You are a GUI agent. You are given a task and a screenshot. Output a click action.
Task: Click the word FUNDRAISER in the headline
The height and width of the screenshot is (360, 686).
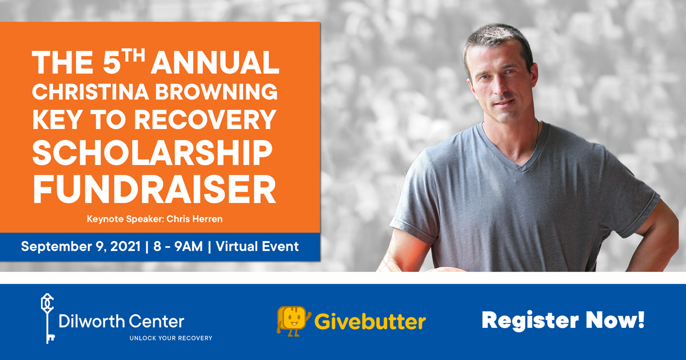pos(155,189)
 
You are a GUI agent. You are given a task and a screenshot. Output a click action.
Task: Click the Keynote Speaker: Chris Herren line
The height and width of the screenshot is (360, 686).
pos(155,219)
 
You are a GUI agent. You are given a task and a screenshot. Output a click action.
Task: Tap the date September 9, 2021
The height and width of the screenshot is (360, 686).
pos(81,246)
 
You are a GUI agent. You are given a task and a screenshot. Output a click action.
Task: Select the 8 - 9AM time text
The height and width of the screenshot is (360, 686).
pos(178,246)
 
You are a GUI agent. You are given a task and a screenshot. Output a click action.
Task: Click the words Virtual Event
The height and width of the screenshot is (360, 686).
pos(257,246)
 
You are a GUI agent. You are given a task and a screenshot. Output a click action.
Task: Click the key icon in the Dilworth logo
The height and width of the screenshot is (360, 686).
pos(47,318)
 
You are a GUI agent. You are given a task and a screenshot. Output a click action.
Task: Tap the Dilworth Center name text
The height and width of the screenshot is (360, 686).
pos(121,321)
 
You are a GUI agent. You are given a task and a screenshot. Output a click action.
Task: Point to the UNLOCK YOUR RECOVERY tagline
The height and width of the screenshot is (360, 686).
pos(171,338)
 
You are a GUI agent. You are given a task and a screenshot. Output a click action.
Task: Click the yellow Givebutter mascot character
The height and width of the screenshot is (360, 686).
pos(293,321)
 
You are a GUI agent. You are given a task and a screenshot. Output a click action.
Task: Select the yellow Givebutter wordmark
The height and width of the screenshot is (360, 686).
pos(370,321)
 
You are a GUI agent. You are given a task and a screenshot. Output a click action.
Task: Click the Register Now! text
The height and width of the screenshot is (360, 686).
pos(563,321)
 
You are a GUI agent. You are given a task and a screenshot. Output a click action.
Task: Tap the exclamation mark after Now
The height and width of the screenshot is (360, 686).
pos(641,319)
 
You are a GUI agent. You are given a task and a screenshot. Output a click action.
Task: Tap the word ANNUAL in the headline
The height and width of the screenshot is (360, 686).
pos(215,62)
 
